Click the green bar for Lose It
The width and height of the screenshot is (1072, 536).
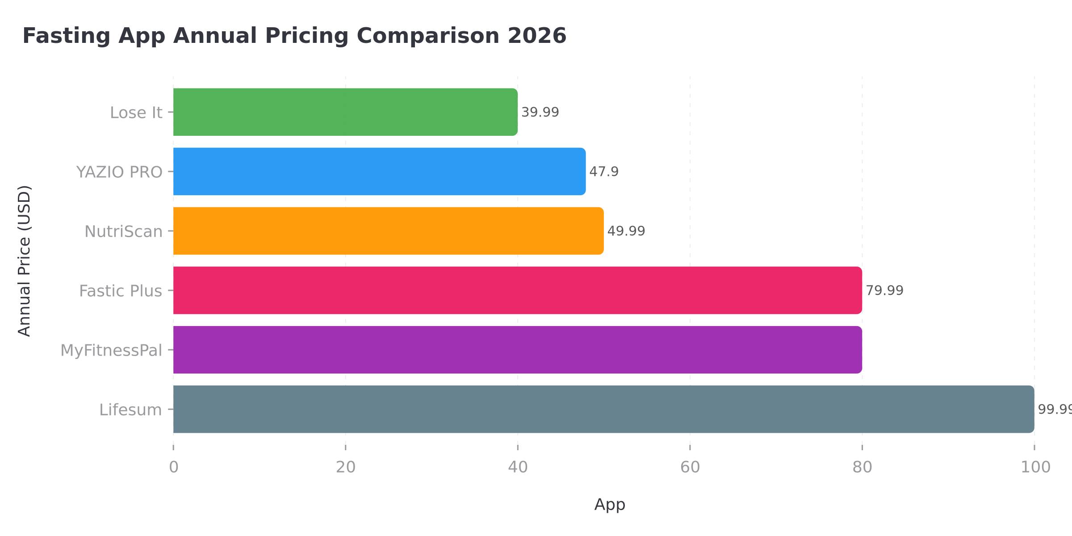[x=345, y=112]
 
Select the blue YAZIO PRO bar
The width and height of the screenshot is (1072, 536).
[x=379, y=172]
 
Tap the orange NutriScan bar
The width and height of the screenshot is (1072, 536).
[x=388, y=231]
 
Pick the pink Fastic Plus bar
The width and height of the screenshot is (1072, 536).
[x=517, y=290]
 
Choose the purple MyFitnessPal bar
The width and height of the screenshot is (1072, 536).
[x=517, y=350]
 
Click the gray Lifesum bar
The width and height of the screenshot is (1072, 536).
[x=603, y=409]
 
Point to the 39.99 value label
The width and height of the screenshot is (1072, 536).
[x=540, y=112]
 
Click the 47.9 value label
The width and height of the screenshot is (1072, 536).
[x=603, y=172]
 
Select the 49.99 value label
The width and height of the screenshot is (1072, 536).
[x=626, y=231]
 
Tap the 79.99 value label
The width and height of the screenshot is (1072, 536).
[x=884, y=290]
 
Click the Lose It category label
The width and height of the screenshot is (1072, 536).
[x=136, y=113]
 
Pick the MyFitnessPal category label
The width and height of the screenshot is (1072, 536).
[x=111, y=351]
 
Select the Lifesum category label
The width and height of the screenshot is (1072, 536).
[x=130, y=410]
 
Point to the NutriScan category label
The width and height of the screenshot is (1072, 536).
[x=123, y=231]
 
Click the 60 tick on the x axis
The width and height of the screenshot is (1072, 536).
[x=690, y=467]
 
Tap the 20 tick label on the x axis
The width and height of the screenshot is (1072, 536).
[x=345, y=467]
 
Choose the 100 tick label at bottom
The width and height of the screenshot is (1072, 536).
[x=1035, y=467]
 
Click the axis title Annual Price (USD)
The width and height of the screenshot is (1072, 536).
[x=24, y=261]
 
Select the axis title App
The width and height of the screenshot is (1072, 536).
[x=609, y=504]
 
